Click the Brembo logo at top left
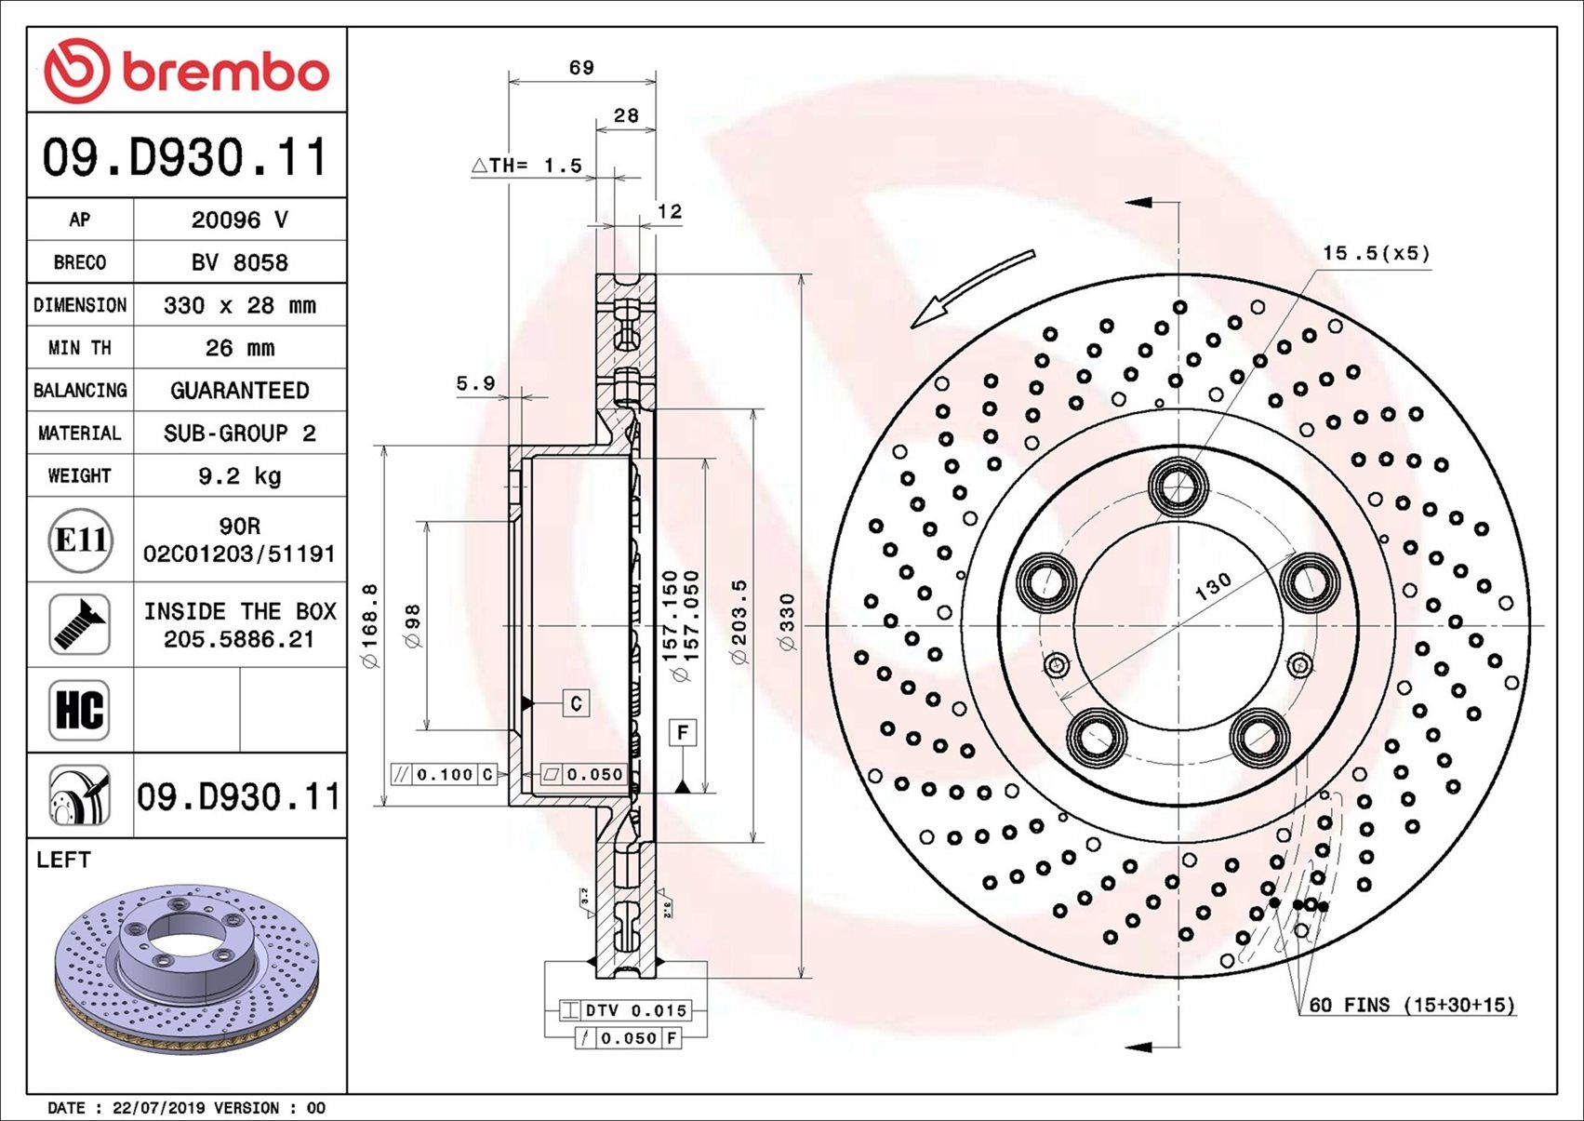pyautogui.click(x=186, y=71)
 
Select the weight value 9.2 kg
pyautogui.click(x=240, y=476)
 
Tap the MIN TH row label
pyautogui.click(x=80, y=348)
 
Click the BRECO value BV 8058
pyautogui.click(x=240, y=262)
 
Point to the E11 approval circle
pyautogui.click(x=81, y=540)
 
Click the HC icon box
pyautogui.click(x=80, y=710)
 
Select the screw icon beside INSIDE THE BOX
pyautogui.click(x=80, y=624)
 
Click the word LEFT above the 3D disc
pyautogui.click(x=63, y=860)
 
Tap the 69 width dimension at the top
pyautogui.click(x=581, y=67)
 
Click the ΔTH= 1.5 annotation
pyautogui.click(x=526, y=166)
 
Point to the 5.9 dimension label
pyautogui.click(x=475, y=383)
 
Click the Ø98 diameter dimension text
pyautogui.click(x=413, y=625)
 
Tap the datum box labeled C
pyautogui.click(x=576, y=703)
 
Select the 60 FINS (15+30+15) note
pyautogui.click(x=1411, y=1005)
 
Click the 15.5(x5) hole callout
pyautogui.click(x=1376, y=253)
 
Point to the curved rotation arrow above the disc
pyautogui.click(x=971, y=287)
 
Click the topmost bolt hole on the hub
pyautogui.click(x=1178, y=486)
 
